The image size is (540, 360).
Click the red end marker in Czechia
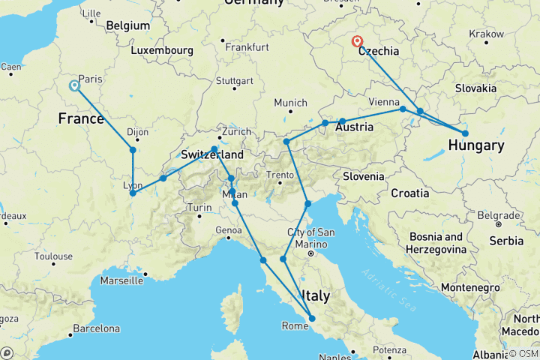pyautogui.click(x=358, y=42)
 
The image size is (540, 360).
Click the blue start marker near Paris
pyautogui.click(x=74, y=85)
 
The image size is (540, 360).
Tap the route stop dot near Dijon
pyautogui.click(x=133, y=150)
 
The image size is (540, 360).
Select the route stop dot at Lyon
pyautogui.click(x=133, y=193)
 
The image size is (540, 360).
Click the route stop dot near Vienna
pyautogui.click(x=403, y=109)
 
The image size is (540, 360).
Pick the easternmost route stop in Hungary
pyautogui.click(x=465, y=133)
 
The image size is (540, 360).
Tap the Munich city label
pyautogui.click(x=290, y=103)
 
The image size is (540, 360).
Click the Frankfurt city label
pyautogui.click(x=246, y=46)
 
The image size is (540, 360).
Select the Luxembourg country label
pyautogui.click(x=163, y=51)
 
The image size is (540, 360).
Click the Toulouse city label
pyautogui.click(x=53, y=256)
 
